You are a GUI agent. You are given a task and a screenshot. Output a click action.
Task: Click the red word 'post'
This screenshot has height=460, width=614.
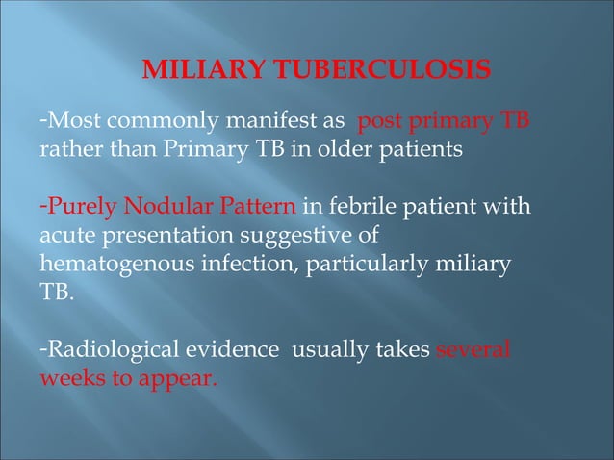[379, 124]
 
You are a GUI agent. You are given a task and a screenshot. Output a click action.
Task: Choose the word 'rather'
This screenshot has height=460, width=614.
[67, 151]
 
